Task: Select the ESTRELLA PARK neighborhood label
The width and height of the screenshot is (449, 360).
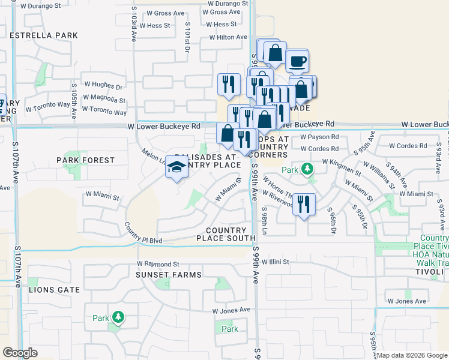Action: coord(44,35)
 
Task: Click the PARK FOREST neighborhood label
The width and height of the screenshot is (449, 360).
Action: coord(86,160)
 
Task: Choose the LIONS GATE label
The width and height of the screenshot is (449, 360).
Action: coord(54,289)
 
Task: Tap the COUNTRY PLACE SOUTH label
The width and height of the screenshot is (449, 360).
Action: coord(226,234)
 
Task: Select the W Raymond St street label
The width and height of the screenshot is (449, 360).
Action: coord(158,263)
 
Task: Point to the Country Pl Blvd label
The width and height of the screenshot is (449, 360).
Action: coord(144,233)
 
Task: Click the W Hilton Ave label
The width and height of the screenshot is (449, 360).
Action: coord(228,37)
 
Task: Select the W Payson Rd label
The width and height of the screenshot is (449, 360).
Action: coord(320,137)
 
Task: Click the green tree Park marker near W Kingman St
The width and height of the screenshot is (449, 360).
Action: coord(307,169)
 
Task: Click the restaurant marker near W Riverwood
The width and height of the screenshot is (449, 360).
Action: coord(303,205)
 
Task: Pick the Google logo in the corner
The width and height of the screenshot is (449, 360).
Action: coord(20,353)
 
